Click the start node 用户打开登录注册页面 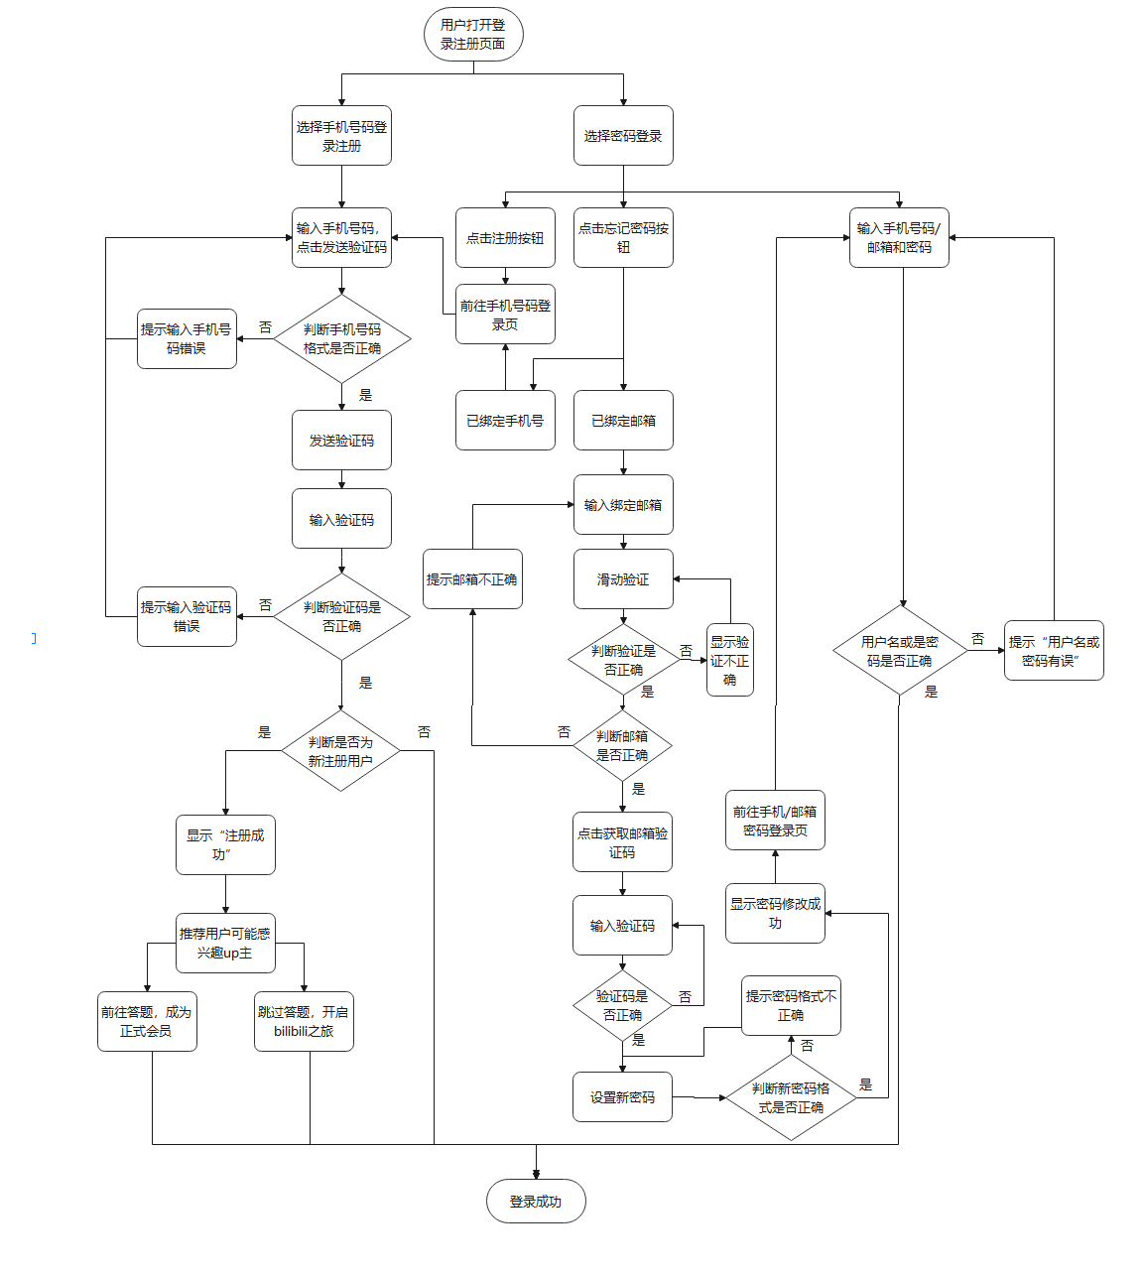pyautogui.click(x=473, y=35)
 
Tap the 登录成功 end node pyautogui.click(x=536, y=1202)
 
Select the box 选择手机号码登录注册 pyautogui.click(x=341, y=136)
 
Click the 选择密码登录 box pyautogui.click(x=623, y=136)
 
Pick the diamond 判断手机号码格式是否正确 pyautogui.click(x=341, y=339)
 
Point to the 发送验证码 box pyautogui.click(x=341, y=441)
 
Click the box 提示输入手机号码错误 pyautogui.click(x=187, y=339)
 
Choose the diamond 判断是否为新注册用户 pyautogui.click(x=340, y=751)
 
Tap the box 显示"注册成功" pyautogui.click(x=225, y=845)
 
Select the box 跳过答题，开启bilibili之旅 pyautogui.click(x=304, y=1022)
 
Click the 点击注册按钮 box pyautogui.click(x=505, y=238)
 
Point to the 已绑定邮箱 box pyautogui.click(x=623, y=421)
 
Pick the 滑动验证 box pyautogui.click(x=623, y=579)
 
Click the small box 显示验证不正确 pyautogui.click(x=729, y=661)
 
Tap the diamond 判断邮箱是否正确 pyautogui.click(x=622, y=746)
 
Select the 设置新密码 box pyautogui.click(x=622, y=1097)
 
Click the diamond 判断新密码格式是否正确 pyautogui.click(x=791, y=1097)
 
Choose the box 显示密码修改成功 pyautogui.click(x=775, y=914)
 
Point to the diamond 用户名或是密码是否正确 pyautogui.click(x=900, y=651)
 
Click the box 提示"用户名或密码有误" pyautogui.click(x=1054, y=651)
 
